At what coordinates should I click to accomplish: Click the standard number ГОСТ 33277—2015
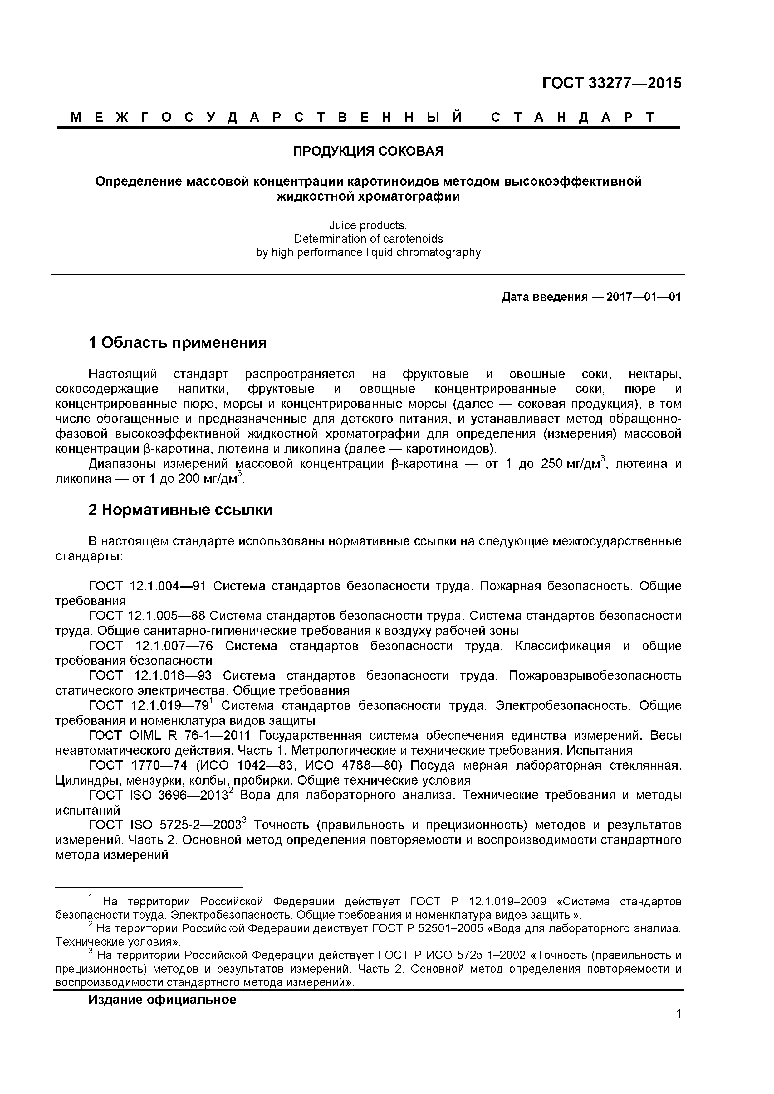(611, 83)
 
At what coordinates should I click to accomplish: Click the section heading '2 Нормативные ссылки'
(180, 510)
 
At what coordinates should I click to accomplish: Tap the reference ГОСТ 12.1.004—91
(147, 586)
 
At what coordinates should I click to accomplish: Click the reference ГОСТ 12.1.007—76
(150, 646)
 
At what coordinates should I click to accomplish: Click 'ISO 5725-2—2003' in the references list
(185, 825)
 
